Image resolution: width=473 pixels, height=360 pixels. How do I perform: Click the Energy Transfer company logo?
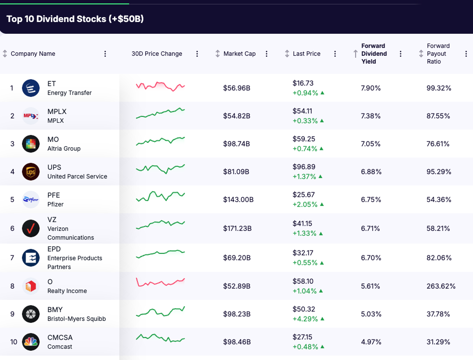pos(31,88)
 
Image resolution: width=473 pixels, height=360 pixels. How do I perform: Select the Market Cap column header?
pos(239,54)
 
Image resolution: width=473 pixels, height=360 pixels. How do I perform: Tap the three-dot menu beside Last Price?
pos(335,54)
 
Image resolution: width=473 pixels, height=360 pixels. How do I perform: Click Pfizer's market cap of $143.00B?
pos(238,200)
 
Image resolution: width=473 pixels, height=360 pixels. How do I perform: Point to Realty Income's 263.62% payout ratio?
pos(441,286)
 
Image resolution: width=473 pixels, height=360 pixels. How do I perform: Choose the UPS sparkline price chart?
pos(160,168)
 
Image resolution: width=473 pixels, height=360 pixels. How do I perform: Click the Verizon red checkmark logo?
pos(31,228)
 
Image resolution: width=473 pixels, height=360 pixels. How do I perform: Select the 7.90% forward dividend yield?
pos(371,88)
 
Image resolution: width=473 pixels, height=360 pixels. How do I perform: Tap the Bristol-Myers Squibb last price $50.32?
pos(304,310)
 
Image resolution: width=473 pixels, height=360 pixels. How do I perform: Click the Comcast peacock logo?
pos(31,342)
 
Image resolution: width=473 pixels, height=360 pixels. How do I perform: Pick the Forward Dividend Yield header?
pos(374,54)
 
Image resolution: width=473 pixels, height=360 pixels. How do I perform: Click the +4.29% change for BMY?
pos(305,319)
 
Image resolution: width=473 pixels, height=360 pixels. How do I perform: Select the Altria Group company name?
pos(64,149)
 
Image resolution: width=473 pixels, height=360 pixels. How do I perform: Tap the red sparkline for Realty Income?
pos(160,282)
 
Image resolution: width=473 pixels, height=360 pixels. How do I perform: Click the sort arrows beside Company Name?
pos(5,54)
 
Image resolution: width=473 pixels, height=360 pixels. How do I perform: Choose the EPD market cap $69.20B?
pos(237,258)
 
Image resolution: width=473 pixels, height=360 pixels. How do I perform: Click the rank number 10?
pos(13,342)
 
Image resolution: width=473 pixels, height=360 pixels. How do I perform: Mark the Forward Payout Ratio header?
pos(438,54)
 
